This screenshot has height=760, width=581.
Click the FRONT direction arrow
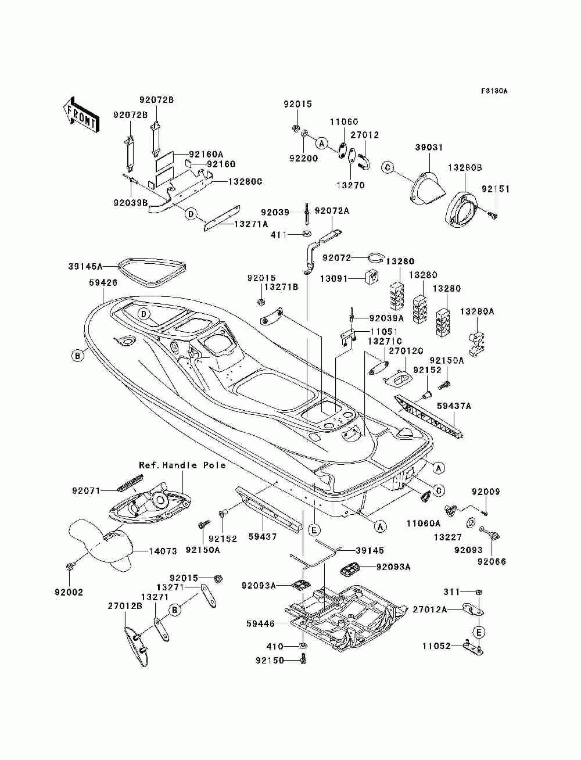click(x=81, y=114)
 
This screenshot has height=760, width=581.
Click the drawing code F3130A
click(x=494, y=91)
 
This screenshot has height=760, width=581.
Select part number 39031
click(x=429, y=147)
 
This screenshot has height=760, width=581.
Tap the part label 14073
click(x=163, y=551)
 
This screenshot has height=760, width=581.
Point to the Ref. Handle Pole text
click(x=182, y=465)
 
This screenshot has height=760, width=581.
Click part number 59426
click(x=103, y=282)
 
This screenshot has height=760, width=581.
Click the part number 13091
click(x=333, y=278)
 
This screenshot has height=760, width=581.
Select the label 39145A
click(x=85, y=267)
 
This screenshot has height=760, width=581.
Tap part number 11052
click(x=436, y=646)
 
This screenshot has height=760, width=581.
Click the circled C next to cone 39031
click(x=388, y=167)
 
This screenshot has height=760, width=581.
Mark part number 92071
click(x=86, y=490)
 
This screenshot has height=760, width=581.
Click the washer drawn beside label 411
click(x=306, y=234)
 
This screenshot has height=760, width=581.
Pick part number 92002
click(x=69, y=592)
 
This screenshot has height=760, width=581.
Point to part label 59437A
click(x=454, y=406)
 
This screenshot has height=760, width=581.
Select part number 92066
click(x=492, y=562)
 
